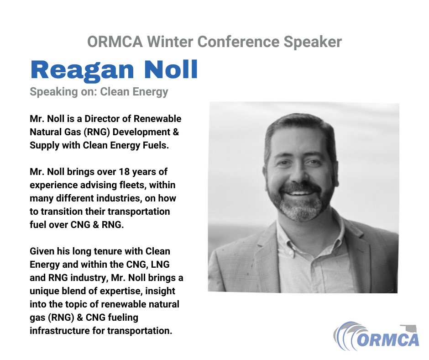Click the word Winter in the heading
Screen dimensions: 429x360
pyautogui.click(x=170, y=42)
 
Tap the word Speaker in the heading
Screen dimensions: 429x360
pyautogui.click(x=313, y=42)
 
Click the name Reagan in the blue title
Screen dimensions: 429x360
pyautogui.click(x=82, y=70)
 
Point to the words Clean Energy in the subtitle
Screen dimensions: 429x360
pyautogui.click(x=134, y=92)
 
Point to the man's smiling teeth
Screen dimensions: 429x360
pyautogui.click(x=299, y=193)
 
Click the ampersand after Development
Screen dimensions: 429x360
pyautogui.click(x=176, y=132)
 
